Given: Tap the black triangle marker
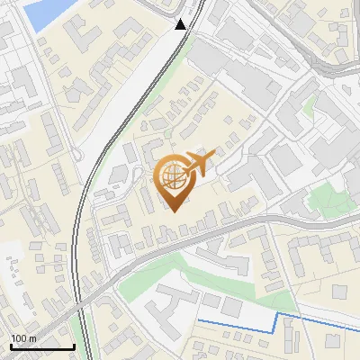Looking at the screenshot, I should point(181,23).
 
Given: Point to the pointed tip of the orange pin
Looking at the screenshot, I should point(175,211).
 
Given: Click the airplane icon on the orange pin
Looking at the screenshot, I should point(199,164).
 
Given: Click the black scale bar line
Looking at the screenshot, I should point(41,347).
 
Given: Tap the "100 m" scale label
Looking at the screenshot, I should point(24,338).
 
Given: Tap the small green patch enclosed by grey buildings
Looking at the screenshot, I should point(310,105).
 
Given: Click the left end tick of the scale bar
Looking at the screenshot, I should point(11,346).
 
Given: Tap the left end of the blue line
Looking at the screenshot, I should point(199,319).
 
